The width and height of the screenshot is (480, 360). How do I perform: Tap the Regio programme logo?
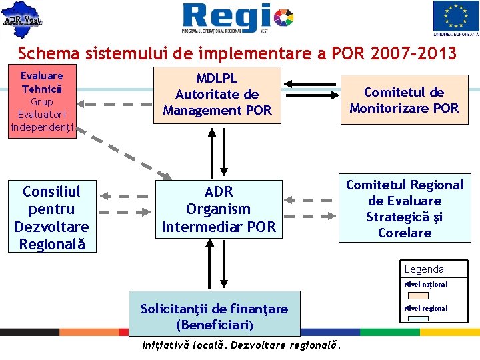tap(237, 18)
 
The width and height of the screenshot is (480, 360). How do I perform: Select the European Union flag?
tap(455, 18)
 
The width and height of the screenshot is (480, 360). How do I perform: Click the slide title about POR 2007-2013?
tap(237, 53)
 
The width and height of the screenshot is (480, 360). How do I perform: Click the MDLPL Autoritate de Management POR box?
tap(217, 95)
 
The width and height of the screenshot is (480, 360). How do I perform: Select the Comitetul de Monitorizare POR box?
tap(404, 100)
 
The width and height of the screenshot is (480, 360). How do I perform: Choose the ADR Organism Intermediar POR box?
tap(219, 209)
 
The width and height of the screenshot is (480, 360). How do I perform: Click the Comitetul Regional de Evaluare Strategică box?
tap(405, 209)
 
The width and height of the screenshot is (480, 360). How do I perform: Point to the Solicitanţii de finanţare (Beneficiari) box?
tap(214, 317)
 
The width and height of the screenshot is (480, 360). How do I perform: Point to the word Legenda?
tap(424, 269)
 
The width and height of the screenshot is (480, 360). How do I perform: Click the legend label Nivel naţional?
tap(426, 285)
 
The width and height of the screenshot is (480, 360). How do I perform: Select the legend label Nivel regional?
tap(426, 309)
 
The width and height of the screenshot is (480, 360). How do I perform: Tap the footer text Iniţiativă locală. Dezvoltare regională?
tap(242, 345)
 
